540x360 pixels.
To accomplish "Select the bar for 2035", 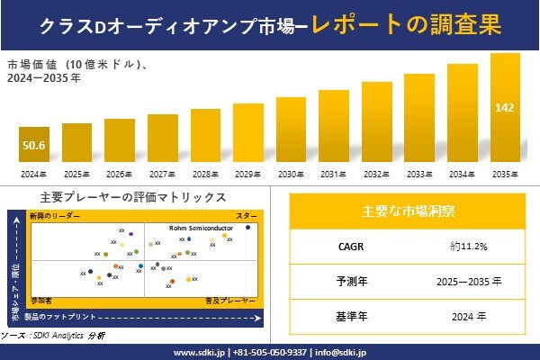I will pyautogui.click(x=505, y=108).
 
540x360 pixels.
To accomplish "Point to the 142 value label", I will pyautogui.click(x=505, y=108).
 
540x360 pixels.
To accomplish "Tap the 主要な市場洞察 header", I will pyautogui.click(x=408, y=211).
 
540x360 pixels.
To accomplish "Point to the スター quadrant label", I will pyautogui.click(x=247, y=217).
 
